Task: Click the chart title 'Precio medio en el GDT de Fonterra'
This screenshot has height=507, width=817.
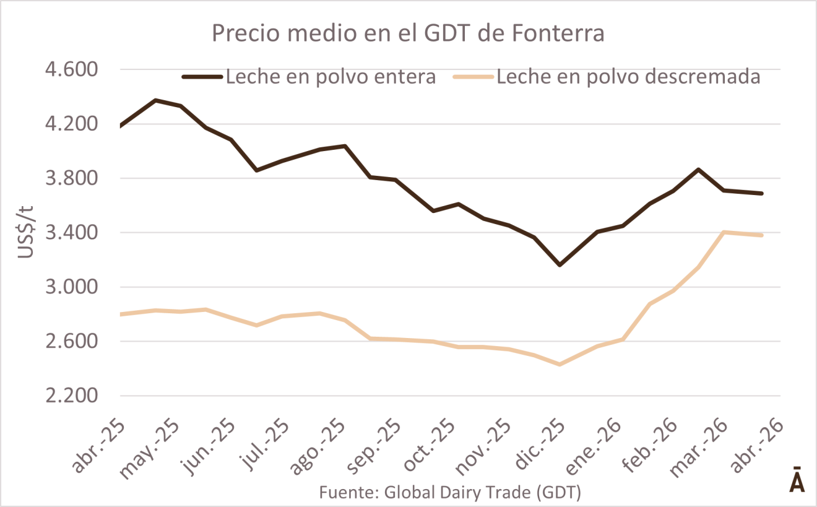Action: pos(408,33)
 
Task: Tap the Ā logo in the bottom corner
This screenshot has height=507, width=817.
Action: pos(797,480)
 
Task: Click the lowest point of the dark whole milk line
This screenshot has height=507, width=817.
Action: pos(560,265)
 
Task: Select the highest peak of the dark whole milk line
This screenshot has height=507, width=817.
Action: pos(155,100)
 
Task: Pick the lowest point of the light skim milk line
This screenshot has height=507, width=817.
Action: pos(559,365)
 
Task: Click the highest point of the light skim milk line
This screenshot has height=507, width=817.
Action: pos(724,232)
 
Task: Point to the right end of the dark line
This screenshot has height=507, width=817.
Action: pos(762,193)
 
